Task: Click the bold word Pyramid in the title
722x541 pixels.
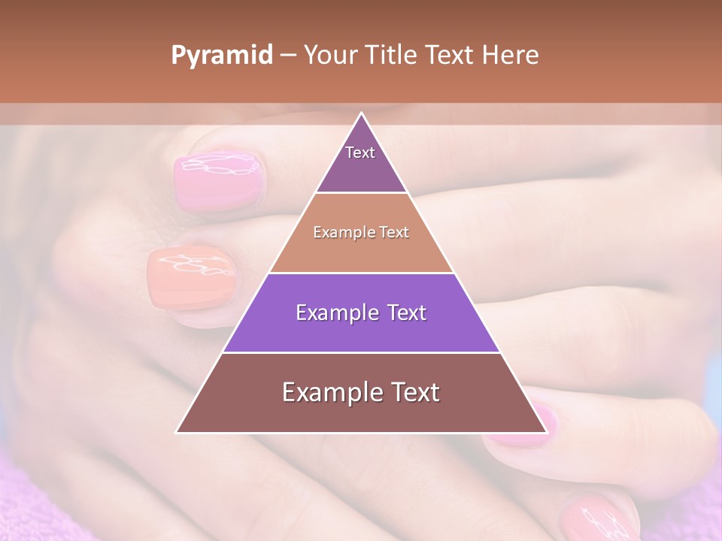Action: click(x=221, y=56)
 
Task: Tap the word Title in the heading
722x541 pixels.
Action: click(x=394, y=56)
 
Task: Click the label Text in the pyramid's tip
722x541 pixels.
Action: click(x=360, y=153)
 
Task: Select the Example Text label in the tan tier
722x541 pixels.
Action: click(x=361, y=232)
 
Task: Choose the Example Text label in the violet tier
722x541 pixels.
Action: click(x=361, y=313)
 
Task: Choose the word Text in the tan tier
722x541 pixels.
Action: click(x=393, y=232)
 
